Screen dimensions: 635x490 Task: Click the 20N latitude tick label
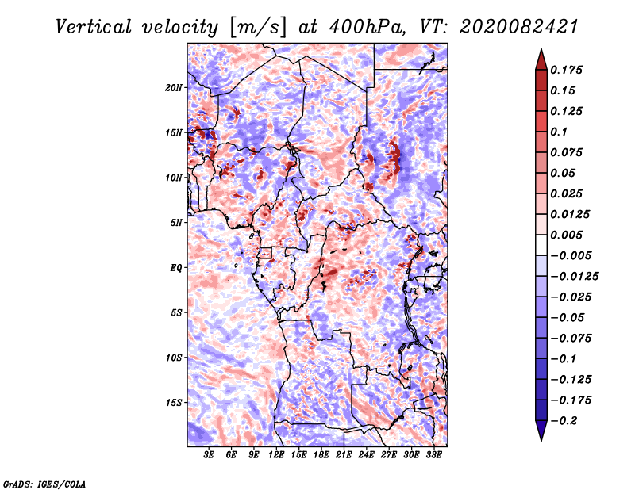pos(174,88)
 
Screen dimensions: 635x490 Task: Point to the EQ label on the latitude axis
pos(176,268)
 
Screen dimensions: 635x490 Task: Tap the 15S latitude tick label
pos(174,403)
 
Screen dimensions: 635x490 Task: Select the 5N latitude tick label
pos(176,223)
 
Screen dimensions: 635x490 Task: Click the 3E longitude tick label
pos(209,455)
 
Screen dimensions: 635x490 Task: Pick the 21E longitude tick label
pos(344,455)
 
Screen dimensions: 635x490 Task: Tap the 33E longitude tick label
pos(433,455)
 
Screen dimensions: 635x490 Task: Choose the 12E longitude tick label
pos(275,455)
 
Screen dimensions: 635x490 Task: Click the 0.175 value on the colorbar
pos(566,70)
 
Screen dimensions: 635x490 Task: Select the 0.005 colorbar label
pos(566,235)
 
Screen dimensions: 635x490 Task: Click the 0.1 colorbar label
pos(559,132)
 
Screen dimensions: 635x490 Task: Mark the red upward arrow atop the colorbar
pos(541,59)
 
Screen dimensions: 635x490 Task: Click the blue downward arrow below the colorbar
pos(541,431)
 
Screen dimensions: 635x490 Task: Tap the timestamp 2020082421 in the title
pos(519,27)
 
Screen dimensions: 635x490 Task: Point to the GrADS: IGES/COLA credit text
pos(44,484)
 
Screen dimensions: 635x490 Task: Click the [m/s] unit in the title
pos(257,27)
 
